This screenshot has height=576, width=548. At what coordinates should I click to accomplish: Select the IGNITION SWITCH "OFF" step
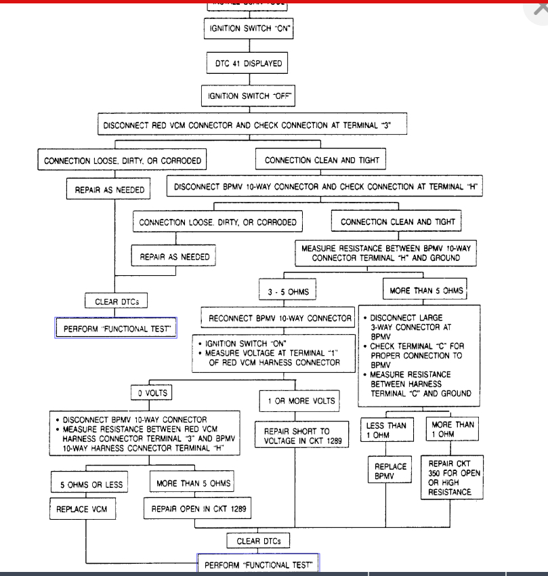(x=249, y=96)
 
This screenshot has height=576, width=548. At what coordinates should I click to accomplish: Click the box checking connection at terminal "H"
(x=324, y=186)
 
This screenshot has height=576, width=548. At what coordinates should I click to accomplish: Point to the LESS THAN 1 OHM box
(x=385, y=430)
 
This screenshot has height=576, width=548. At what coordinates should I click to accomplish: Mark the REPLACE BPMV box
(x=391, y=472)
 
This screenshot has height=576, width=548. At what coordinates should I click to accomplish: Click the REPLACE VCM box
(x=77, y=508)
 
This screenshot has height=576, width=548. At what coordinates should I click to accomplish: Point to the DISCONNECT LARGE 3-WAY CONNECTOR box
(x=419, y=355)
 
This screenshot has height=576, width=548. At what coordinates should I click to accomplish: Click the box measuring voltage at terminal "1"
(x=273, y=353)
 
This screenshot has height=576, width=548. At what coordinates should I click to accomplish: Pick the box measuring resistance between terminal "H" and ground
(x=385, y=253)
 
